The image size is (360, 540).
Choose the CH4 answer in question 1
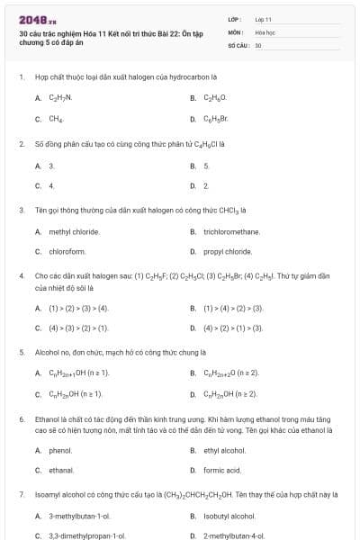click(56, 118)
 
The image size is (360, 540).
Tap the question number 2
click(21, 143)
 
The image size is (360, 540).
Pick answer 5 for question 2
click(206, 166)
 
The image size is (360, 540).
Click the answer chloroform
click(67, 251)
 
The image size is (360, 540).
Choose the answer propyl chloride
click(228, 251)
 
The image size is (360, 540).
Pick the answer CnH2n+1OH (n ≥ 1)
click(79, 373)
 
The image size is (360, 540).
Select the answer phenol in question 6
click(60, 450)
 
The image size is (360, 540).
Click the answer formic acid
click(222, 470)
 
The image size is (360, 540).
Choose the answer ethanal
click(61, 470)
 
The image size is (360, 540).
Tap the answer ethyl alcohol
click(225, 450)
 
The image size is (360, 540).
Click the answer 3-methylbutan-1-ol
click(79, 516)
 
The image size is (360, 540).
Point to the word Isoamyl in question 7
click(49, 494)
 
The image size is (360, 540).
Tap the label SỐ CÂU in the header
click(238, 43)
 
